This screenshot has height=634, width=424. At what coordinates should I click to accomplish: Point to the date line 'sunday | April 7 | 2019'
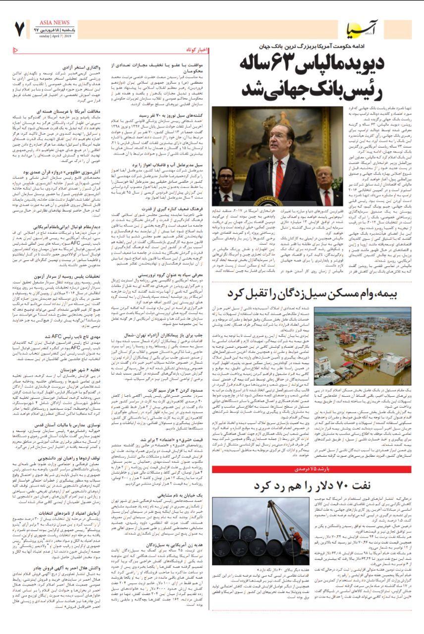click(57, 36)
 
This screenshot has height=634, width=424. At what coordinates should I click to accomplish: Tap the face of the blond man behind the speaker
click(324, 177)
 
